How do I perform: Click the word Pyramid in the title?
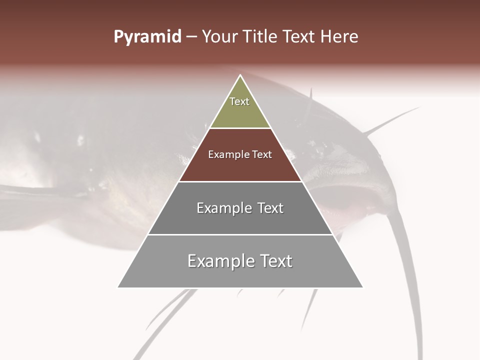coord(147,37)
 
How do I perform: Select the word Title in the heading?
coord(263,37)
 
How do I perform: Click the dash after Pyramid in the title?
coord(191,37)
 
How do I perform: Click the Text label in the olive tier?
coord(239,101)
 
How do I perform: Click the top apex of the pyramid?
coord(240,75)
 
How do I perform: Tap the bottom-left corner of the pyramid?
coord(118,287)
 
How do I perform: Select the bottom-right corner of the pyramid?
coord(363,287)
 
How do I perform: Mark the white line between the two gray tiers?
coord(240,234)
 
